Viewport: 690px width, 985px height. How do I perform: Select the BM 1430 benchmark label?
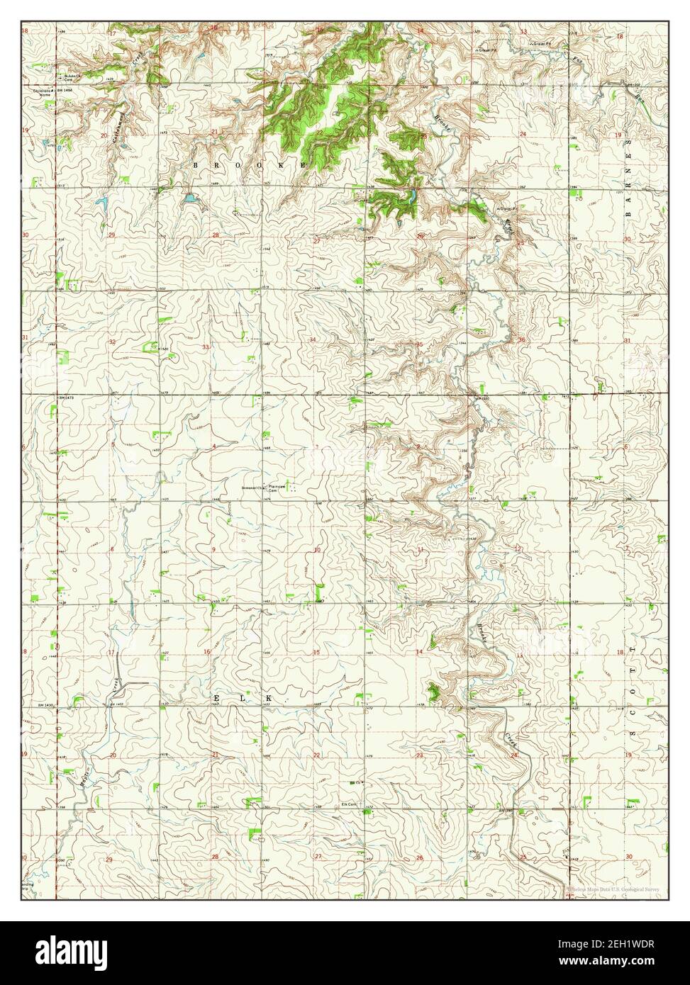point(45,705)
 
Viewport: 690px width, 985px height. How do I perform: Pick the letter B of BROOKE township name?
point(196,164)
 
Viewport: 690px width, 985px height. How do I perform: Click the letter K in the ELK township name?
point(269,699)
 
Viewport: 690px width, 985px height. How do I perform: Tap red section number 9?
point(213,549)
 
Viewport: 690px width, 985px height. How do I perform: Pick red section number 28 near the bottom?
point(214,857)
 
